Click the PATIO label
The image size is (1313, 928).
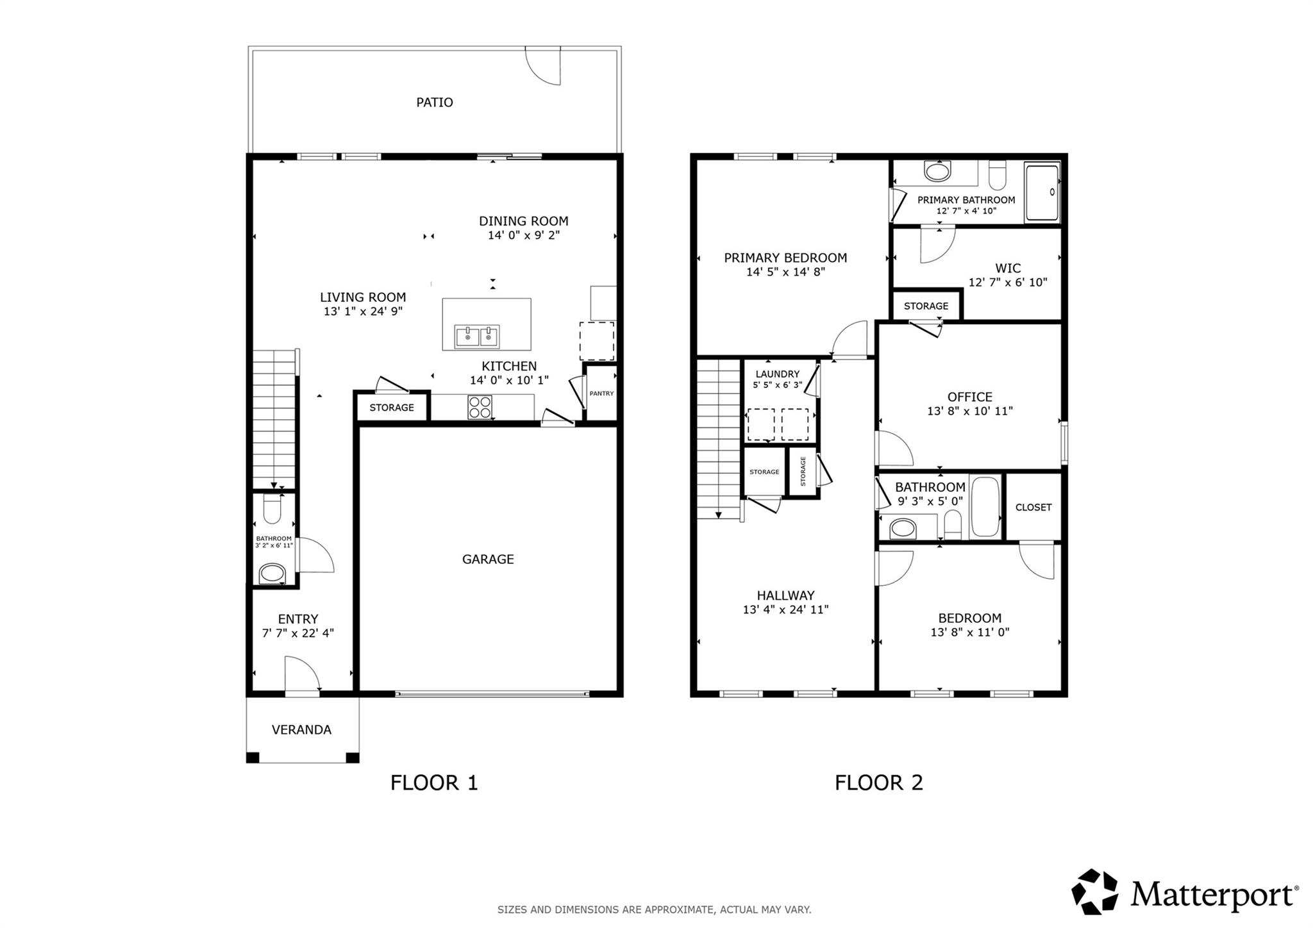(434, 103)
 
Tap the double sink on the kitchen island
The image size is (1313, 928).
(477, 336)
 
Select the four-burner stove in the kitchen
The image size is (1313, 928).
(480, 407)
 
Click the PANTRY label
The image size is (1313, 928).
(601, 394)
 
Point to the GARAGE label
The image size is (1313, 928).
(488, 559)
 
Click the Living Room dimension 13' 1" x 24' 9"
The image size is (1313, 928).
(363, 311)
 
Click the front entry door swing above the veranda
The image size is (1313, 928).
(301, 675)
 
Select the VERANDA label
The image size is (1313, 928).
(301, 730)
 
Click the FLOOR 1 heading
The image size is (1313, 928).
(434, 783)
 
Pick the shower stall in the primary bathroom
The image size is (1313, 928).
(1042, 192)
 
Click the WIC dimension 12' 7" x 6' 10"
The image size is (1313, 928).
(1007, 282)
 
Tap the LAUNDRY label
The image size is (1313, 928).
(777, 374)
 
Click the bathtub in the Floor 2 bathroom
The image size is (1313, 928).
(985, 506)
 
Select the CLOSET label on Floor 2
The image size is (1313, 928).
(1033, 508)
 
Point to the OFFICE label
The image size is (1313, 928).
(969, 397)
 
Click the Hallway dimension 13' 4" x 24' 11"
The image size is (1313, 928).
(785, 609)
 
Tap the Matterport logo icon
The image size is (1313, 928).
(1094, 891)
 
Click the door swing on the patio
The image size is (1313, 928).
(544, 65)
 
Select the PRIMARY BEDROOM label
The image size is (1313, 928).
(785, 258)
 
